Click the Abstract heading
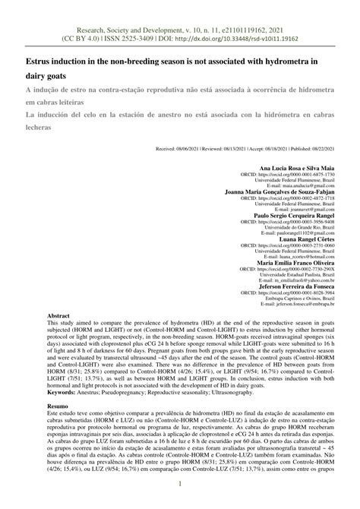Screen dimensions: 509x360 coord(58,315)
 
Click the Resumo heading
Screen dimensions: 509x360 coord(59,408)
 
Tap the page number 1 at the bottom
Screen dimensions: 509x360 coord(180,485)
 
